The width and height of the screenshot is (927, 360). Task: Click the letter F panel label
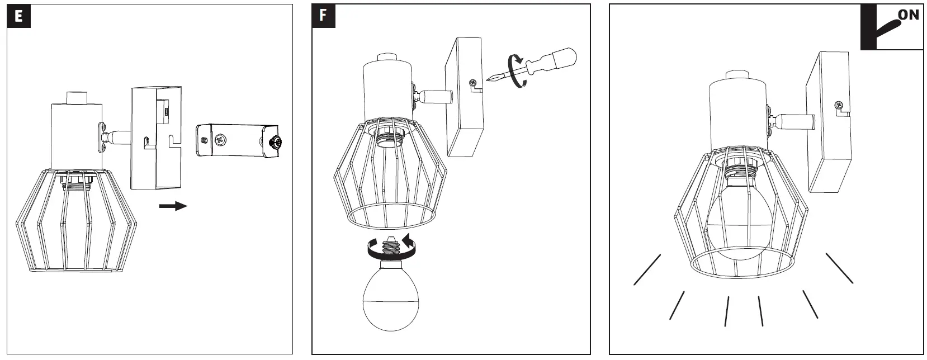(323, 16)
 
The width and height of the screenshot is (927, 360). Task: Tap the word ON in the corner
(908, 15)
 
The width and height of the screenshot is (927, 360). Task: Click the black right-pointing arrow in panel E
(173, 206)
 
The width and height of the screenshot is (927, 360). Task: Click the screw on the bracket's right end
(275, 143)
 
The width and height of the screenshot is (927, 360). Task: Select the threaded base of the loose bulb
(390, 244)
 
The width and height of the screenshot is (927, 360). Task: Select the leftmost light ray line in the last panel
(647, 270)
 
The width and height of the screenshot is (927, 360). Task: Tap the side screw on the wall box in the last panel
(839, 105)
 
